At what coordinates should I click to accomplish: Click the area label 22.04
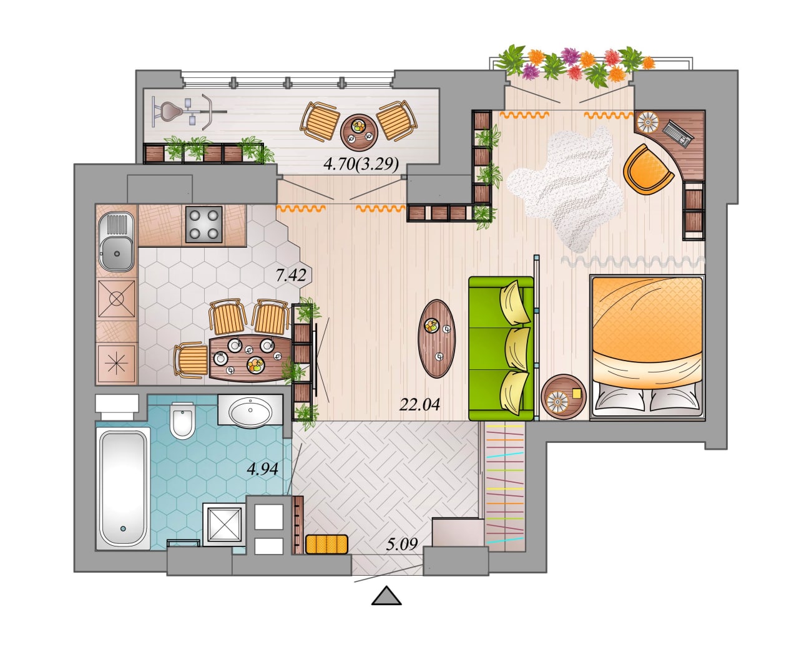[419, 404]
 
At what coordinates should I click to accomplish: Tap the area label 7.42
[291, 275]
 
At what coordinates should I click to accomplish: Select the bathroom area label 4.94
[262, 468]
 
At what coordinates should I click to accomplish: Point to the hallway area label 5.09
[402, 544]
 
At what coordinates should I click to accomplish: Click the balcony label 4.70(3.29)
[361, 164]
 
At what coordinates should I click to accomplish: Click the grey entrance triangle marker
[386, 596]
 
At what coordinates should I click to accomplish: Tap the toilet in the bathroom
[182, 420]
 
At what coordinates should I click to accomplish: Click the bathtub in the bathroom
[123, 488]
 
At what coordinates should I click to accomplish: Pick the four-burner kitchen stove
[203, 224]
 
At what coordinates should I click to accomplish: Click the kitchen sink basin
[116, 253]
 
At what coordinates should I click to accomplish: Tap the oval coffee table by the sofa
[436, 339]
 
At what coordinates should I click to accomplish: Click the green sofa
[501, 349]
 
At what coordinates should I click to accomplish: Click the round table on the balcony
[358, 132]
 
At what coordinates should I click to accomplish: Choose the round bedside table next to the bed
[563, 397]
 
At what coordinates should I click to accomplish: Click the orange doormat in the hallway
[326, 544]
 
